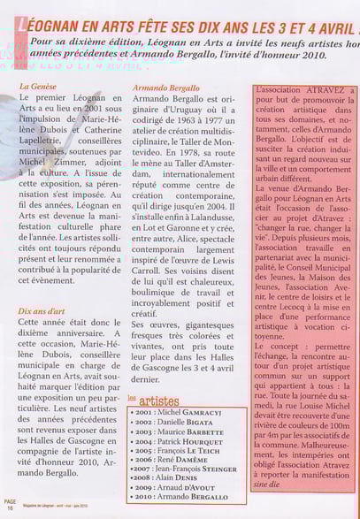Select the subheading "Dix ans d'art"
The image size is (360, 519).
point(42,311)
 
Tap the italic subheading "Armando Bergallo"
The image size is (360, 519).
point(165,88)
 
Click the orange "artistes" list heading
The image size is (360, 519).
point(158,401)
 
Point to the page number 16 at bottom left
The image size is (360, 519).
point(10,508)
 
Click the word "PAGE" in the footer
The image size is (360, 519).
point(10,501)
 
